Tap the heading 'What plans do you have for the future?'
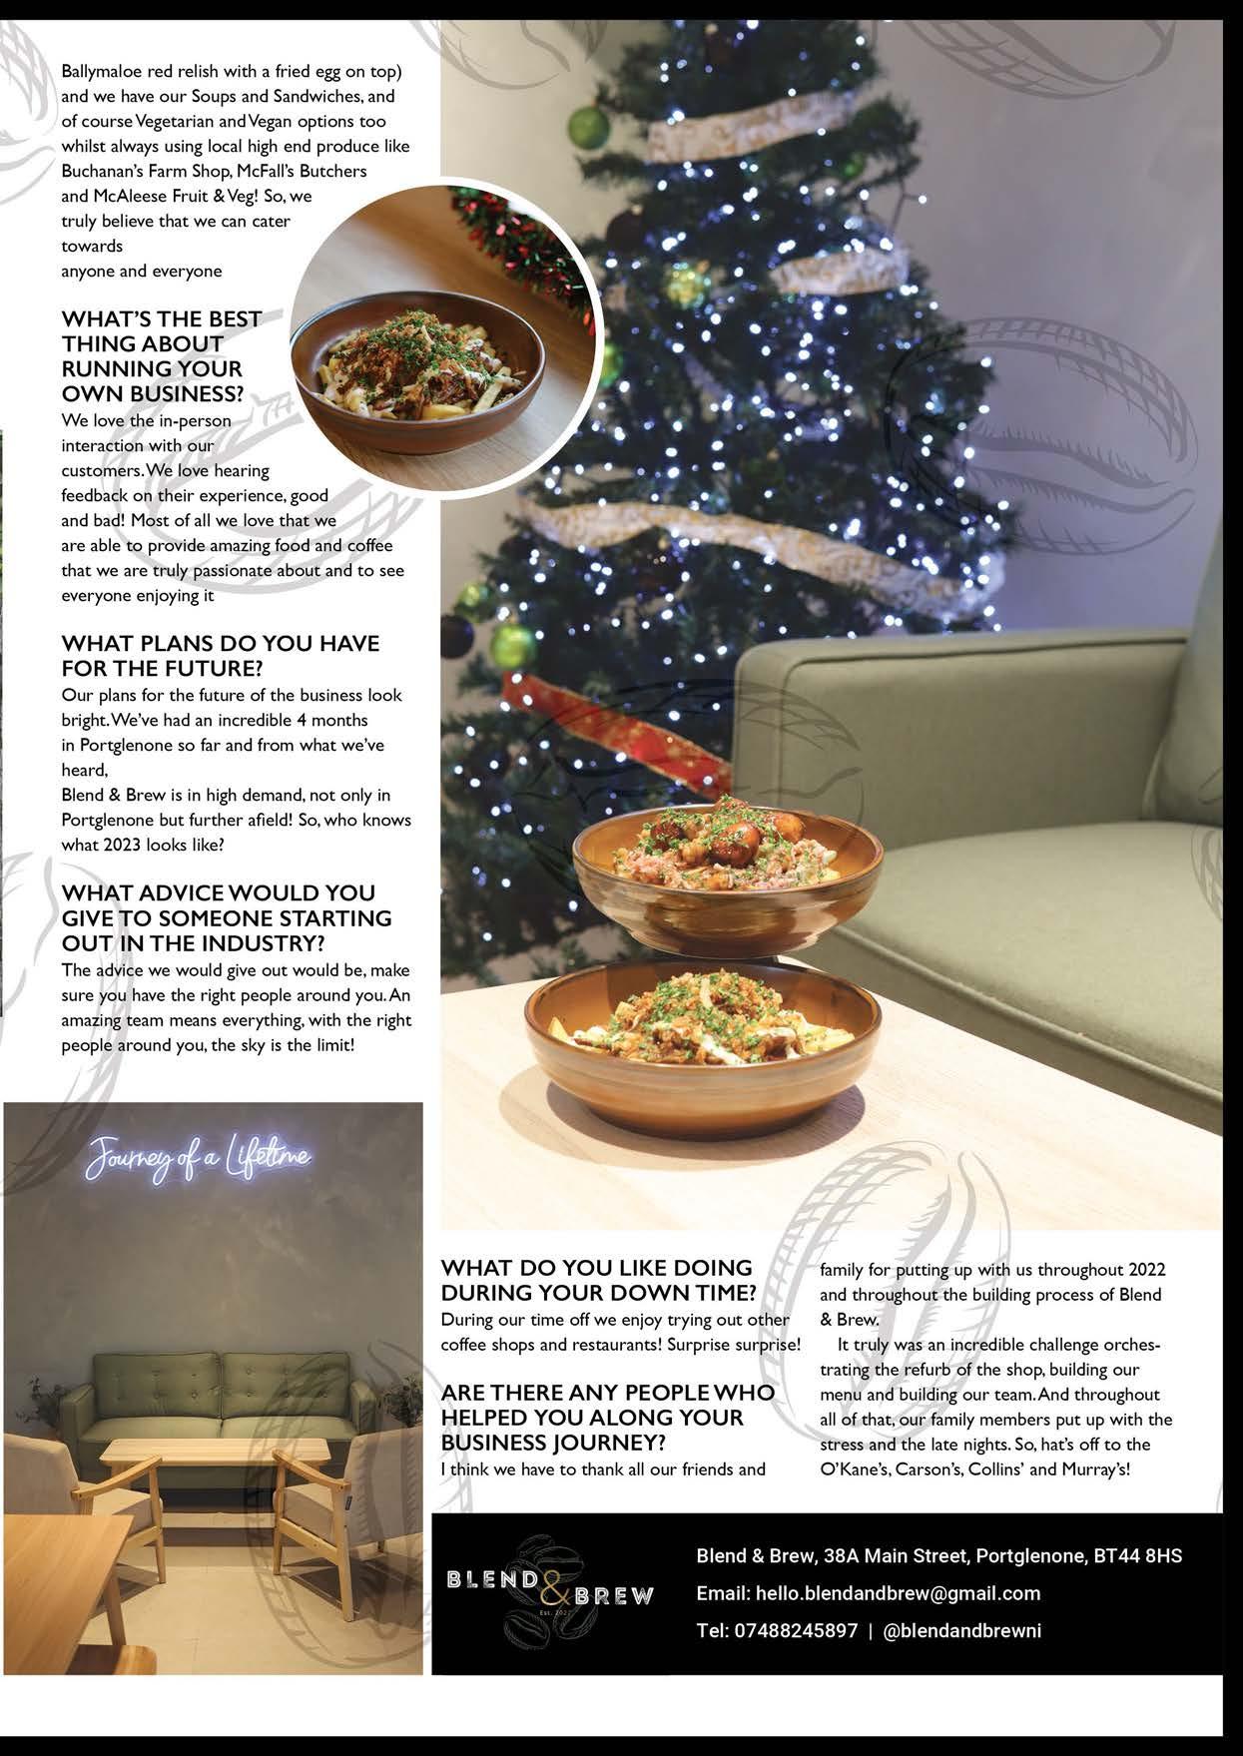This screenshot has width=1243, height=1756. [x=220, y=655]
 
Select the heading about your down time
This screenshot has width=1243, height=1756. [x=598, y=1280]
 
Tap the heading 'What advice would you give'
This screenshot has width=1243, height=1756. [x=227, y=917]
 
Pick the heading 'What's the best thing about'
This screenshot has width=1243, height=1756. [x=161, y=355]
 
